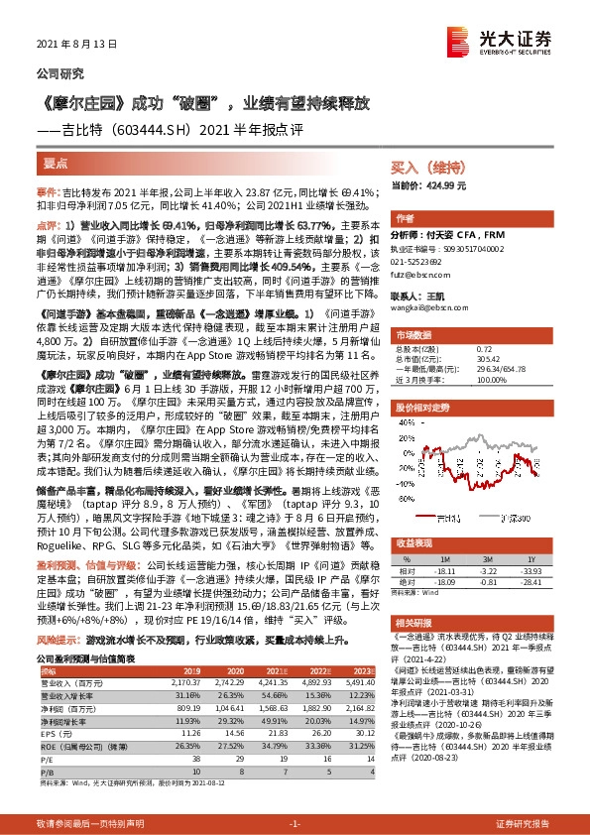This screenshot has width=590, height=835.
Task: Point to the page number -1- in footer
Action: pyautogui.click(x=294, y=824)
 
